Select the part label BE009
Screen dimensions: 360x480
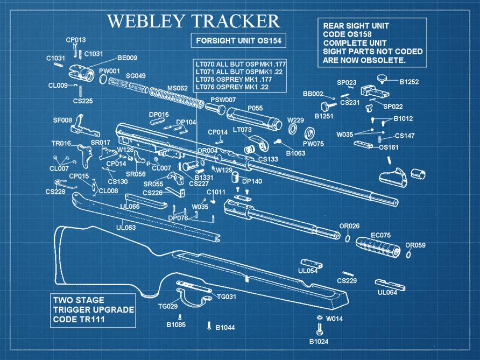127,58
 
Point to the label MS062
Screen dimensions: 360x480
177,88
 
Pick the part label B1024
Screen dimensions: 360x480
318,341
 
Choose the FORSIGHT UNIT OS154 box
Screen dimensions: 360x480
239,41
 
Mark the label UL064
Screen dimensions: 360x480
387,293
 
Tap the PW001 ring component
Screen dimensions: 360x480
102,80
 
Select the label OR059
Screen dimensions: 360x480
415,245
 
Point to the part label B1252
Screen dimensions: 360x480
409,82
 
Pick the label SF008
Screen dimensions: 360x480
62,120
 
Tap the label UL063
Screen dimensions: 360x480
126,228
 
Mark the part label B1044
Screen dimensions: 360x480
225,327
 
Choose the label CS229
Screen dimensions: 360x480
347,281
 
